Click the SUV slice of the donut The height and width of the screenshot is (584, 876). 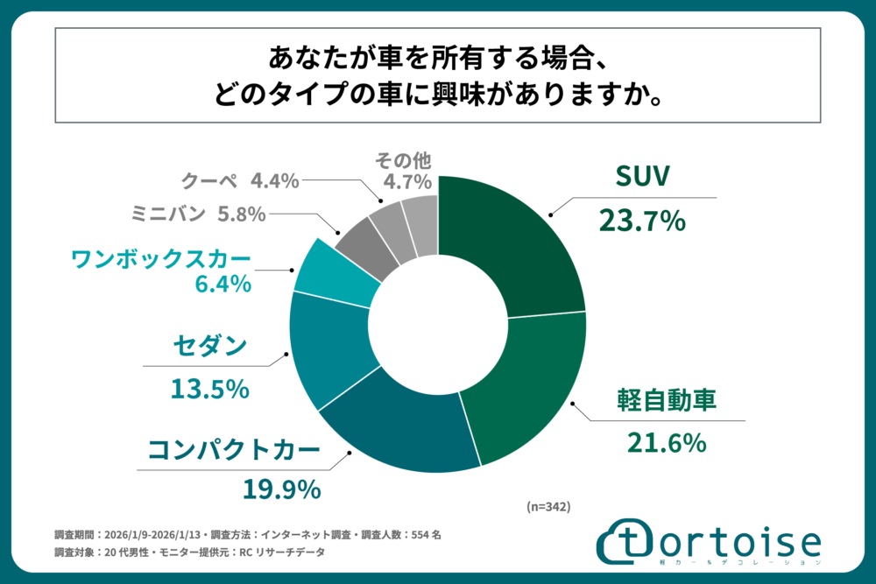pos(512,245)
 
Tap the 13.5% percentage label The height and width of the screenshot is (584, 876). pos(210,388)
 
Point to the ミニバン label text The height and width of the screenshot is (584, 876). pos(166,213)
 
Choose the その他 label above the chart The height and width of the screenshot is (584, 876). pos(404,160)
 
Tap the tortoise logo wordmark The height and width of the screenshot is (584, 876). pos(710,541)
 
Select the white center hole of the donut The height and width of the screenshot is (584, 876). pos(438,324)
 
